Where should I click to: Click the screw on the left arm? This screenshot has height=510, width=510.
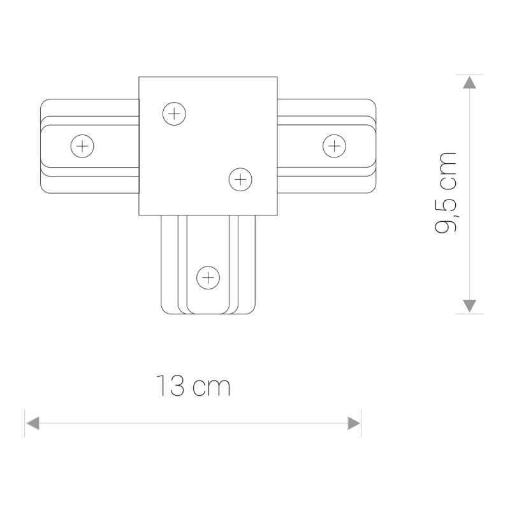82,147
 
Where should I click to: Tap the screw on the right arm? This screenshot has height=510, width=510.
334,146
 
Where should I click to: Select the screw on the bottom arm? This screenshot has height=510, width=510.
208,277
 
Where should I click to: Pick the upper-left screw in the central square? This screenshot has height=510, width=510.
173,114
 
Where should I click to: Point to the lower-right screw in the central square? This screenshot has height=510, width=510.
240,179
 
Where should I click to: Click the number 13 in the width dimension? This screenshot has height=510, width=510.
171,386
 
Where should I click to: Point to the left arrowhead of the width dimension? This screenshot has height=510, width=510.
33,423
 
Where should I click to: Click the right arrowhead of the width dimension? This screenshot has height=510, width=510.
354,423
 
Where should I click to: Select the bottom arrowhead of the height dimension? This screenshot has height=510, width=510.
469,305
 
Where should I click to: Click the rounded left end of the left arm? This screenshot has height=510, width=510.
41,147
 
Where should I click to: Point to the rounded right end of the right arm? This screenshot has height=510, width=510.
374,146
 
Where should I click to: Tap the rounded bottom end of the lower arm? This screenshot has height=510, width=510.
208,313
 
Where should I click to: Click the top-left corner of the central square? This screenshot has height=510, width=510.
139,78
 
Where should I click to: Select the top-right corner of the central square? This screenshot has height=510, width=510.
277,78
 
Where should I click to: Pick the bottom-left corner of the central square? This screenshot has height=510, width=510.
139,215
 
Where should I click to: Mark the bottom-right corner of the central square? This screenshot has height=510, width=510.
277,215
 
